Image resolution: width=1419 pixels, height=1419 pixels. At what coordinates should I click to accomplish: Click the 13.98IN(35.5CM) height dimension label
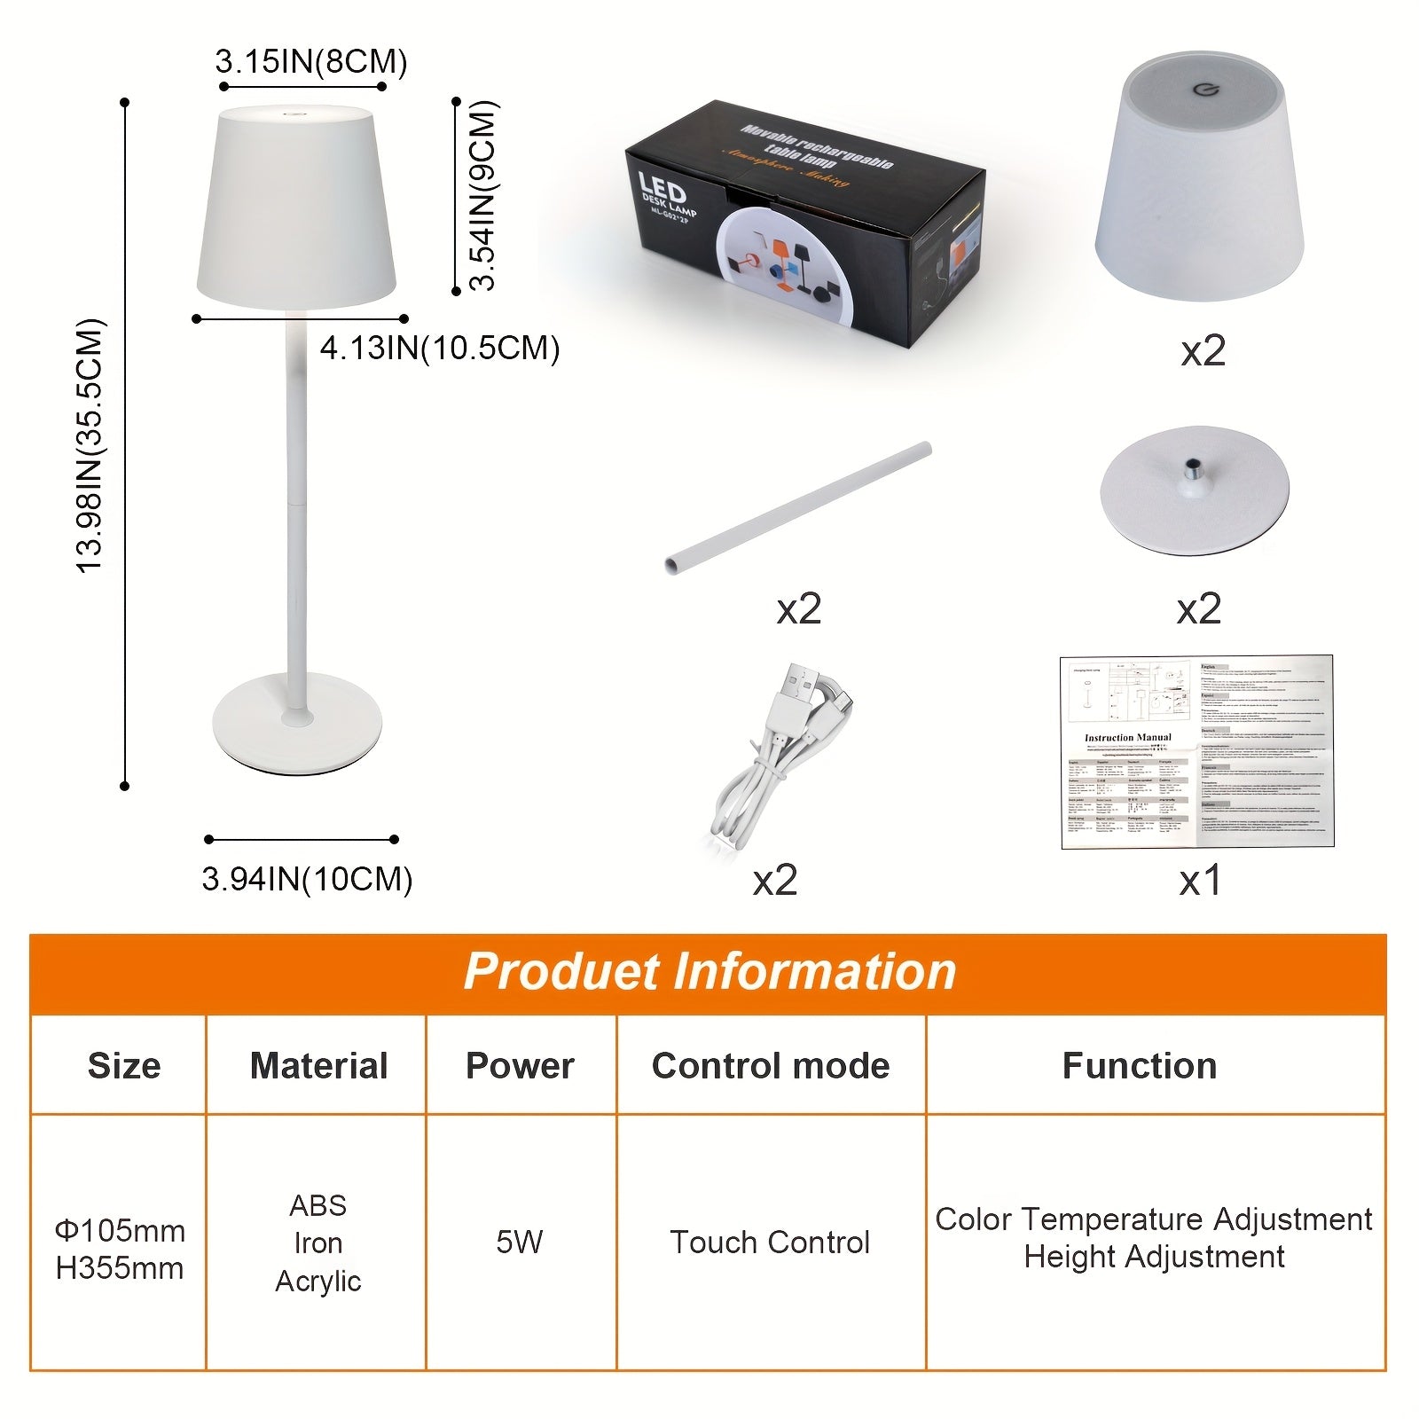(x=90, y=445)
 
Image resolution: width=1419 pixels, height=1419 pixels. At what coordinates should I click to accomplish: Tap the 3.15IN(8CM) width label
(x=310, y=62)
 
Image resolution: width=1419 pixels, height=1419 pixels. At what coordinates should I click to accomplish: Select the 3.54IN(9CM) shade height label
(x=483, y=195)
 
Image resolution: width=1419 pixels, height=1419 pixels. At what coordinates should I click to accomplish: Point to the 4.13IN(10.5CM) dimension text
(x=440, y=348)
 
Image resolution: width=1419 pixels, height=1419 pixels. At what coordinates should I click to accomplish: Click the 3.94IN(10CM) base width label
(x=307, y=879)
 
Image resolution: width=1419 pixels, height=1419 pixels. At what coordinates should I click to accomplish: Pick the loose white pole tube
(x=798, y=507)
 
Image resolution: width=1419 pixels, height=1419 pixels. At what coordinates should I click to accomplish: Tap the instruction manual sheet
(x=1197, y=752)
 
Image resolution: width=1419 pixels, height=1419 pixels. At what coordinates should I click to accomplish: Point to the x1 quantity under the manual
(x=1200, y=881)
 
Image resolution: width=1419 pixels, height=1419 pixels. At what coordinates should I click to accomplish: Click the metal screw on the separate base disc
(x=1195, y=466)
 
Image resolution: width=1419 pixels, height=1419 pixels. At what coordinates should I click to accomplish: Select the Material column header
(x=318, y=1065)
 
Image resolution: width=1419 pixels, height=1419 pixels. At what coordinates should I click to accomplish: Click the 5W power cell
(x=519, y=1242)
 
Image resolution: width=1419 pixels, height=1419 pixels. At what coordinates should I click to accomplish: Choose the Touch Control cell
(x=770, y=1242)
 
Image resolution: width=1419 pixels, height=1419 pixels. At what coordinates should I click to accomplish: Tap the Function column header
(x=1139, y=1065)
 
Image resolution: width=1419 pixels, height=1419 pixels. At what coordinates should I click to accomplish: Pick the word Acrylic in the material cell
(x=318, y=1281)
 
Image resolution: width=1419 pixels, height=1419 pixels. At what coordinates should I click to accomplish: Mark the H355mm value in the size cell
(x=120, y=1268)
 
